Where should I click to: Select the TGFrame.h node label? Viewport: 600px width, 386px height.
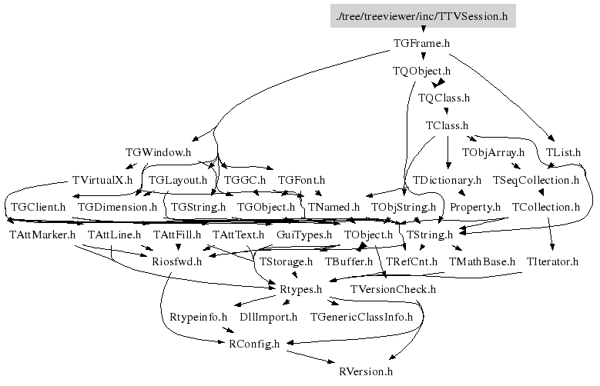(421, 44)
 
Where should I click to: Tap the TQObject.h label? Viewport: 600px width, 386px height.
(421, 72)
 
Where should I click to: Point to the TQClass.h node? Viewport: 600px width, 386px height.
(444, 98)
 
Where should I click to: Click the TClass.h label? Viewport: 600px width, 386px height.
(447, 125)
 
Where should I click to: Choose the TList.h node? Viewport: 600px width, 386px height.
(562, 152)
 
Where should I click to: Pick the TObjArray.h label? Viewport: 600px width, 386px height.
(493, 152)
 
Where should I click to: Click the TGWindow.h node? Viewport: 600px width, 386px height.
(157, 152)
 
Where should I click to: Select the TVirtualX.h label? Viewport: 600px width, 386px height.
(102, 180)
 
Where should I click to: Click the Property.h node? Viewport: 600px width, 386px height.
(475, 207)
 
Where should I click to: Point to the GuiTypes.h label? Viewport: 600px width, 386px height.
(304, 235)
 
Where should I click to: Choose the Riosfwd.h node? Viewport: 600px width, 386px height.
(176, 262)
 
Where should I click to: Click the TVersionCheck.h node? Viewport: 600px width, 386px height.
(393, 290)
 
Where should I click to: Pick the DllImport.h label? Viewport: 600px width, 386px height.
(269, 317)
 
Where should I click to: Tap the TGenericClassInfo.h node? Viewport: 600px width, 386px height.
(361, 317)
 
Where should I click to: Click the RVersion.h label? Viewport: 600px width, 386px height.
(367, 371)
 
